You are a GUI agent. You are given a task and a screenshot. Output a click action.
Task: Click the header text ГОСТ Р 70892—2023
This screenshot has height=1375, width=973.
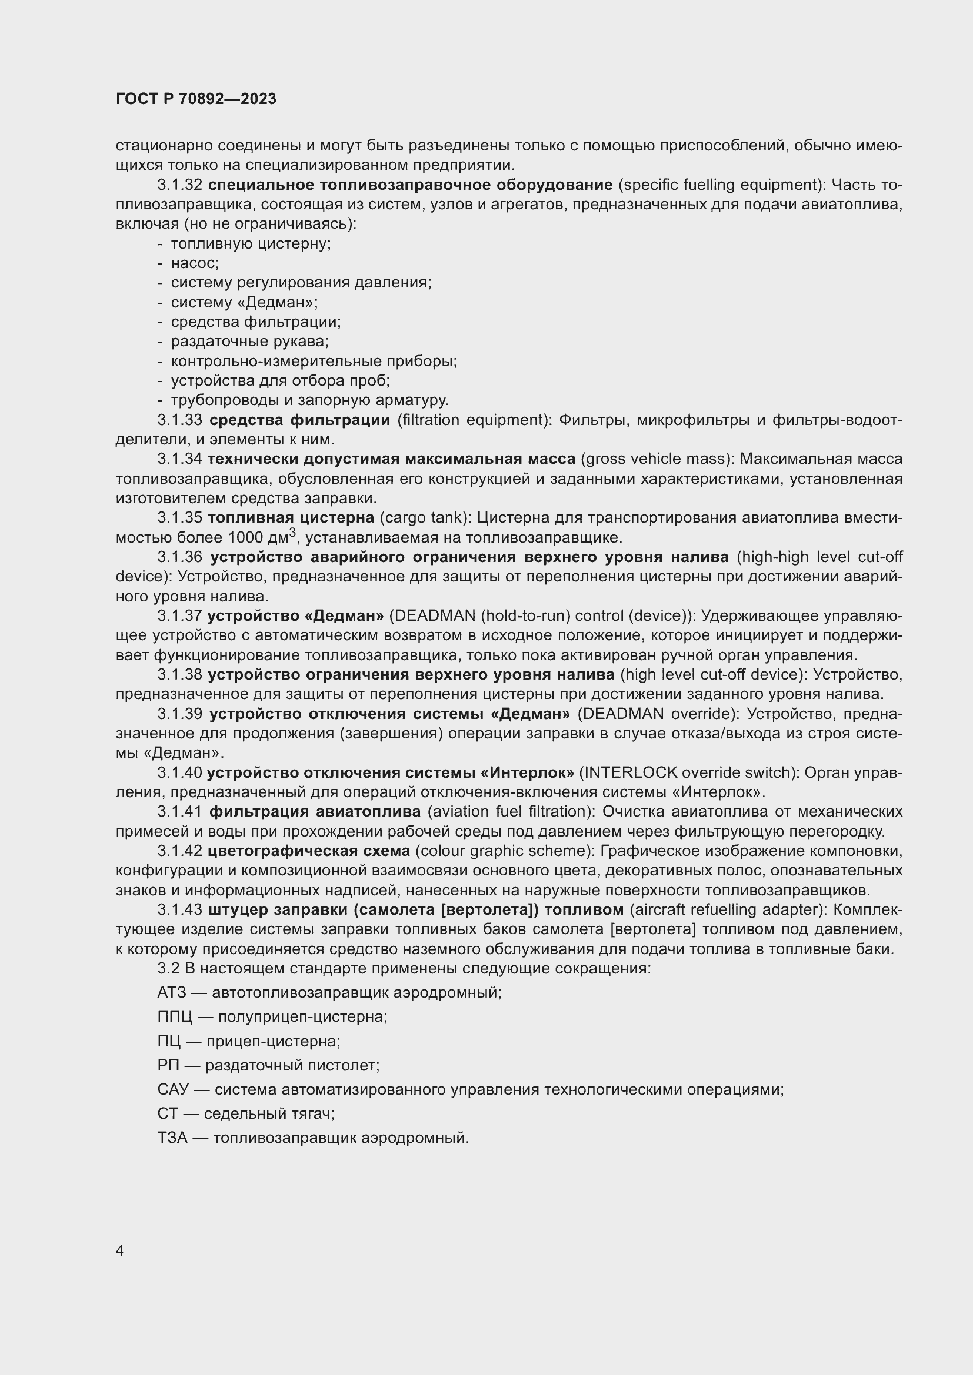coord(196,99)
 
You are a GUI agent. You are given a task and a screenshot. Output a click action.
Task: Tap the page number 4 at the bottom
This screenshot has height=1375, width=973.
coord(119,1251)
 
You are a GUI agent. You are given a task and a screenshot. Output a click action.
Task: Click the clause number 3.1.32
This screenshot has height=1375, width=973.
coord(180,185)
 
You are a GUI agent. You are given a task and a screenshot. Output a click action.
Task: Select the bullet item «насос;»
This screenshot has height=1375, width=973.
coord(194,263)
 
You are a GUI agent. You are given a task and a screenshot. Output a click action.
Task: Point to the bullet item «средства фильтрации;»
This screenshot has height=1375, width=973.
coord(256,322)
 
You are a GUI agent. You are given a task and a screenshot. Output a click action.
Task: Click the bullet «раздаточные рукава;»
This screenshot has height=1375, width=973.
coord(250,342)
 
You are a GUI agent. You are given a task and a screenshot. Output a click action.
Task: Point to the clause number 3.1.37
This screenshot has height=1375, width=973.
coord(180,615)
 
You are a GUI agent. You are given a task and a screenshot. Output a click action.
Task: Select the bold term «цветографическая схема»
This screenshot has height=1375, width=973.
coord(309,851)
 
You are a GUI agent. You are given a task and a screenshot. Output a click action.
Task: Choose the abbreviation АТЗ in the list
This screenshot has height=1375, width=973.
coord(172,993)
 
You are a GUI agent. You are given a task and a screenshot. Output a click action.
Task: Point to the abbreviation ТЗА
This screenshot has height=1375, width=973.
coord(172,1138)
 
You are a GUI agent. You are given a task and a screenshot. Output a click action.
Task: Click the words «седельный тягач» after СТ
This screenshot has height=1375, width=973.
coord(268,1114)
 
